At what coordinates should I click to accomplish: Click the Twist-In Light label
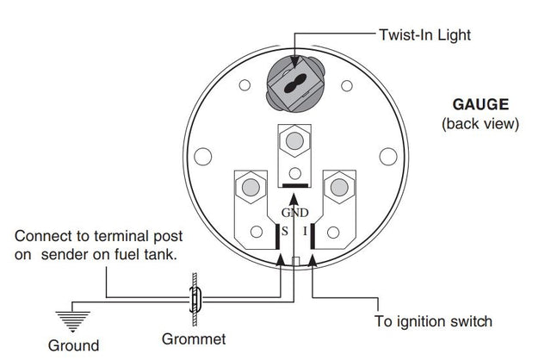click(424, 35)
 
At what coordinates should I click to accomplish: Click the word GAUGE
click(480, 105)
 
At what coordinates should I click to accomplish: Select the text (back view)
click(480, 124)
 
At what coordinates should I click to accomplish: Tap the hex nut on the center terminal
click(294, 139)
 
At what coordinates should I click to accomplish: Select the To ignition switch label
click(433, 321)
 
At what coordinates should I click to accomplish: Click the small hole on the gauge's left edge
click(204, 157)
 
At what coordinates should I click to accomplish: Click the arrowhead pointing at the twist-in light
click(295, 63)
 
